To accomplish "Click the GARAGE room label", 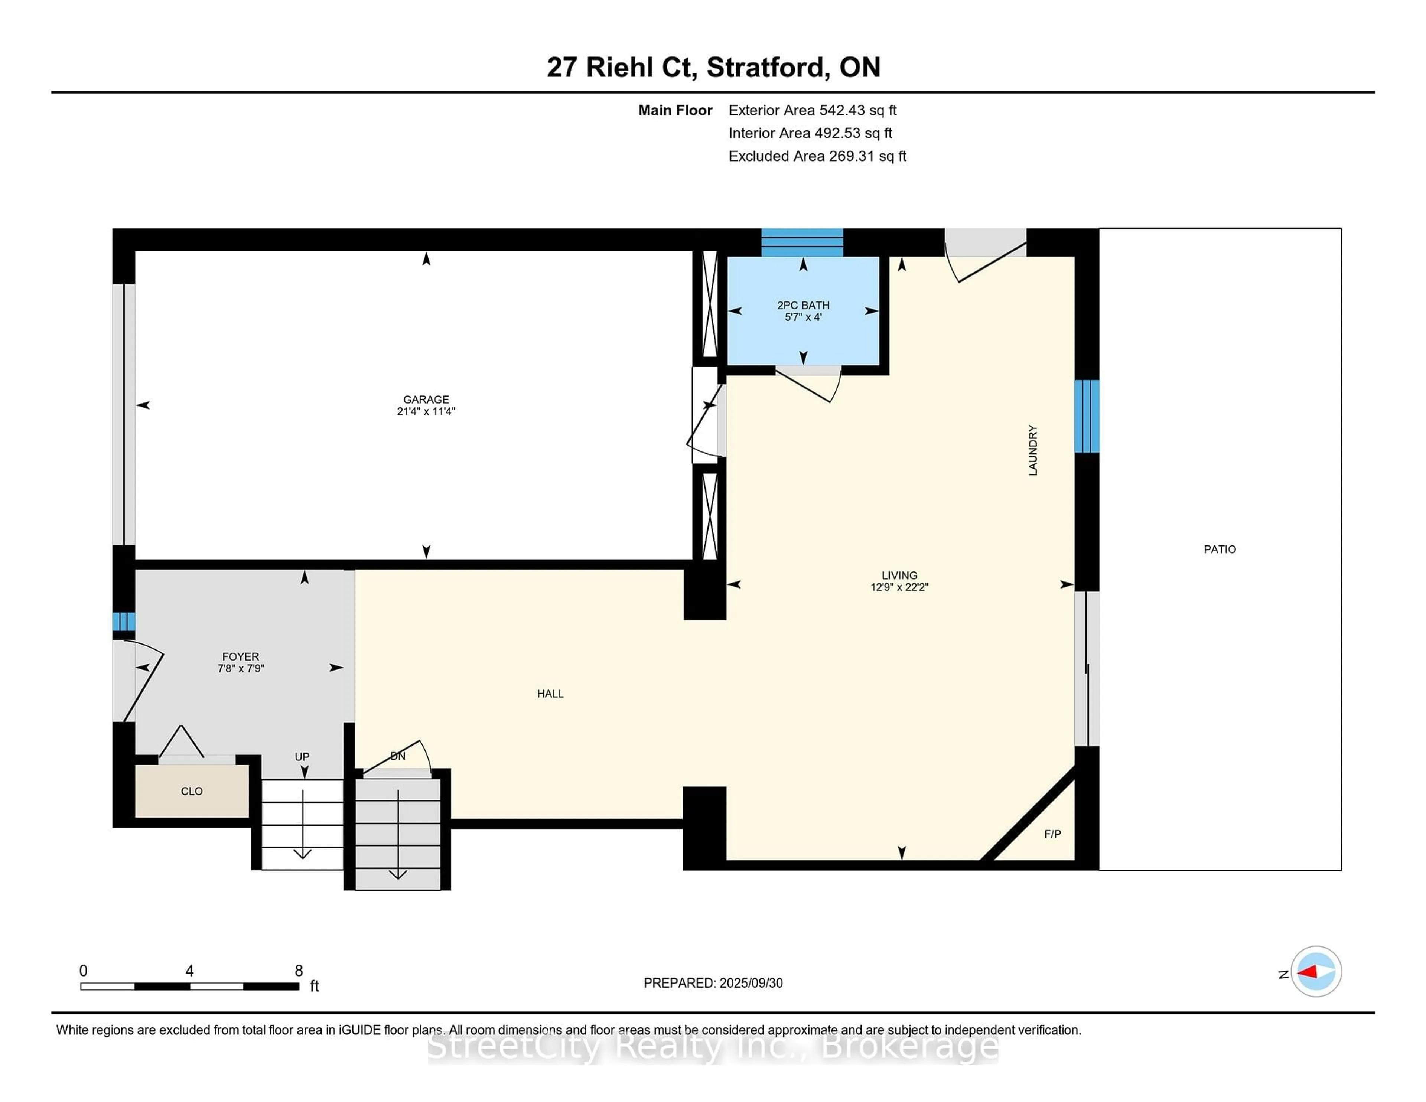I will coord(426,399).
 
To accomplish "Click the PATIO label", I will coord(1219,550).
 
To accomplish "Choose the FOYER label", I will coord(240,656).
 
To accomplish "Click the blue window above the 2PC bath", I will coord(802,242).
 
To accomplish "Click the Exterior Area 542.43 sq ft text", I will coord(812,110).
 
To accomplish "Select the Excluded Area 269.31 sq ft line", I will coord(817,156).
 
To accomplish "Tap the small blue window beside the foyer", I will coord(123,622).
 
